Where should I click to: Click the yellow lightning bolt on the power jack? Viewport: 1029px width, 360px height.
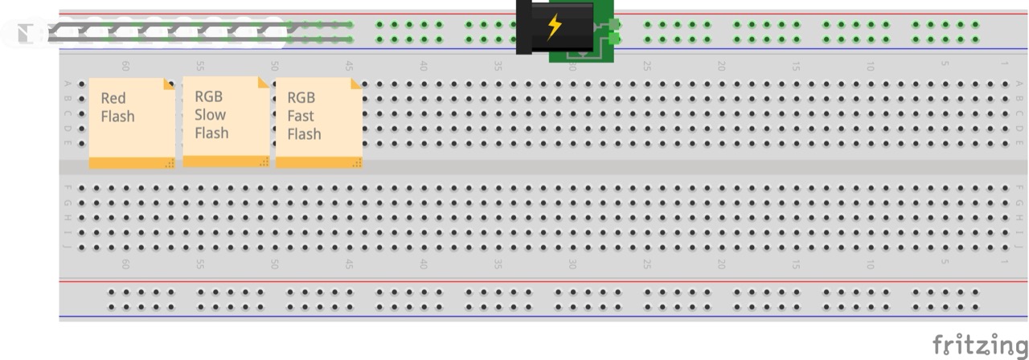click(554, 27)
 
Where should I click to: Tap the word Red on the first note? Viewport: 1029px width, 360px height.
click(113, 98)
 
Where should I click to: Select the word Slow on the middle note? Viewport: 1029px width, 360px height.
click(210, 115)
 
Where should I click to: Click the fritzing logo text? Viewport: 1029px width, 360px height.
click(979, 345)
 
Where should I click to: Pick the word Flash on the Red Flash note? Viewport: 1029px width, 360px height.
click(118, 117)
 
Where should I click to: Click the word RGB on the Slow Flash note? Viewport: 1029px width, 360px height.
click(208, 97)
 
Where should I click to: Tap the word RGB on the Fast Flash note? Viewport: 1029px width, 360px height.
click(301, 98)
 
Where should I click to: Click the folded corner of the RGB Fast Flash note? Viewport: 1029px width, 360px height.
click(356, 83)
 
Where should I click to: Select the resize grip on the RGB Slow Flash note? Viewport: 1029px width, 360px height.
click(263, 162)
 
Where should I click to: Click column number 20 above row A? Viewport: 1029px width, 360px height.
click(721, 67)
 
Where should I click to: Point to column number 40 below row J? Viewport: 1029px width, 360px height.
click(423, 264)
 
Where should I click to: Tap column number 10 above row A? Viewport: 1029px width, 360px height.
click(870, 67)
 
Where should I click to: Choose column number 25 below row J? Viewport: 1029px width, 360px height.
click(646, 264)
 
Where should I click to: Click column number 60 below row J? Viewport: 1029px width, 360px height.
click(125, 264)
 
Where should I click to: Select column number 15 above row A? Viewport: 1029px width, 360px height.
click(796, 67)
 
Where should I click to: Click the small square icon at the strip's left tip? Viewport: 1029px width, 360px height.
click(24, 33)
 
